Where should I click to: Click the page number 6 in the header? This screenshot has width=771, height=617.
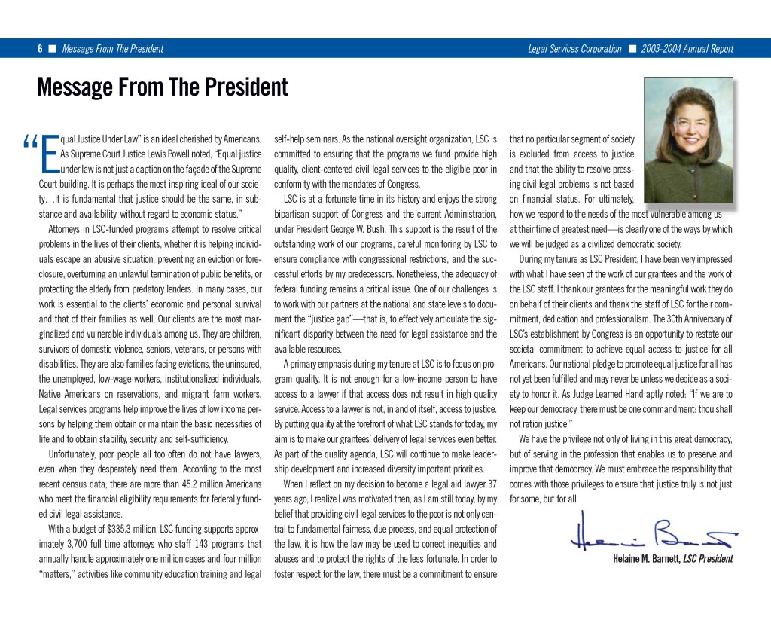40,49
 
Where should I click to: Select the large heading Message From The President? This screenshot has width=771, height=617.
162,87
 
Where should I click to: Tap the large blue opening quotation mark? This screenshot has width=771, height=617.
31,142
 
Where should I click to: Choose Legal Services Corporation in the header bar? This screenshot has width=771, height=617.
575,49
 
